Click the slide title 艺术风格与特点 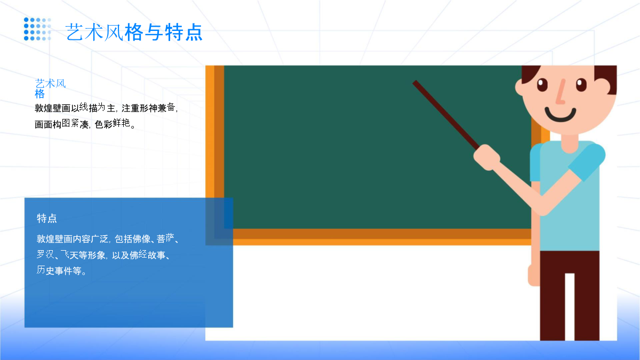click(x=134, y=32)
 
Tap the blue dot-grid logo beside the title click(x=37, y=29)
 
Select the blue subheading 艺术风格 click(x=50, y=89)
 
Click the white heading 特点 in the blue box click(x=47, y=218)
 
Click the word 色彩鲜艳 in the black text click(x=113, y=124)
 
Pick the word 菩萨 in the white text click(x=165, y=238)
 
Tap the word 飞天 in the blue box click(x=69, y=254)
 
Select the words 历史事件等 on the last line click(x=59, y=270)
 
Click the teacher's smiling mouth click(x=561, y=115)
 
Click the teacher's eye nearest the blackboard click(x=542, y=85)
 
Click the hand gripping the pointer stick click(x=486, y=157)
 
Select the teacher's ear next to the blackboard click(x=520, y=87)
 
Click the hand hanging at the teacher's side click(x=533, y=275)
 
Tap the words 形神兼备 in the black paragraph click(x=157, y=108)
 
